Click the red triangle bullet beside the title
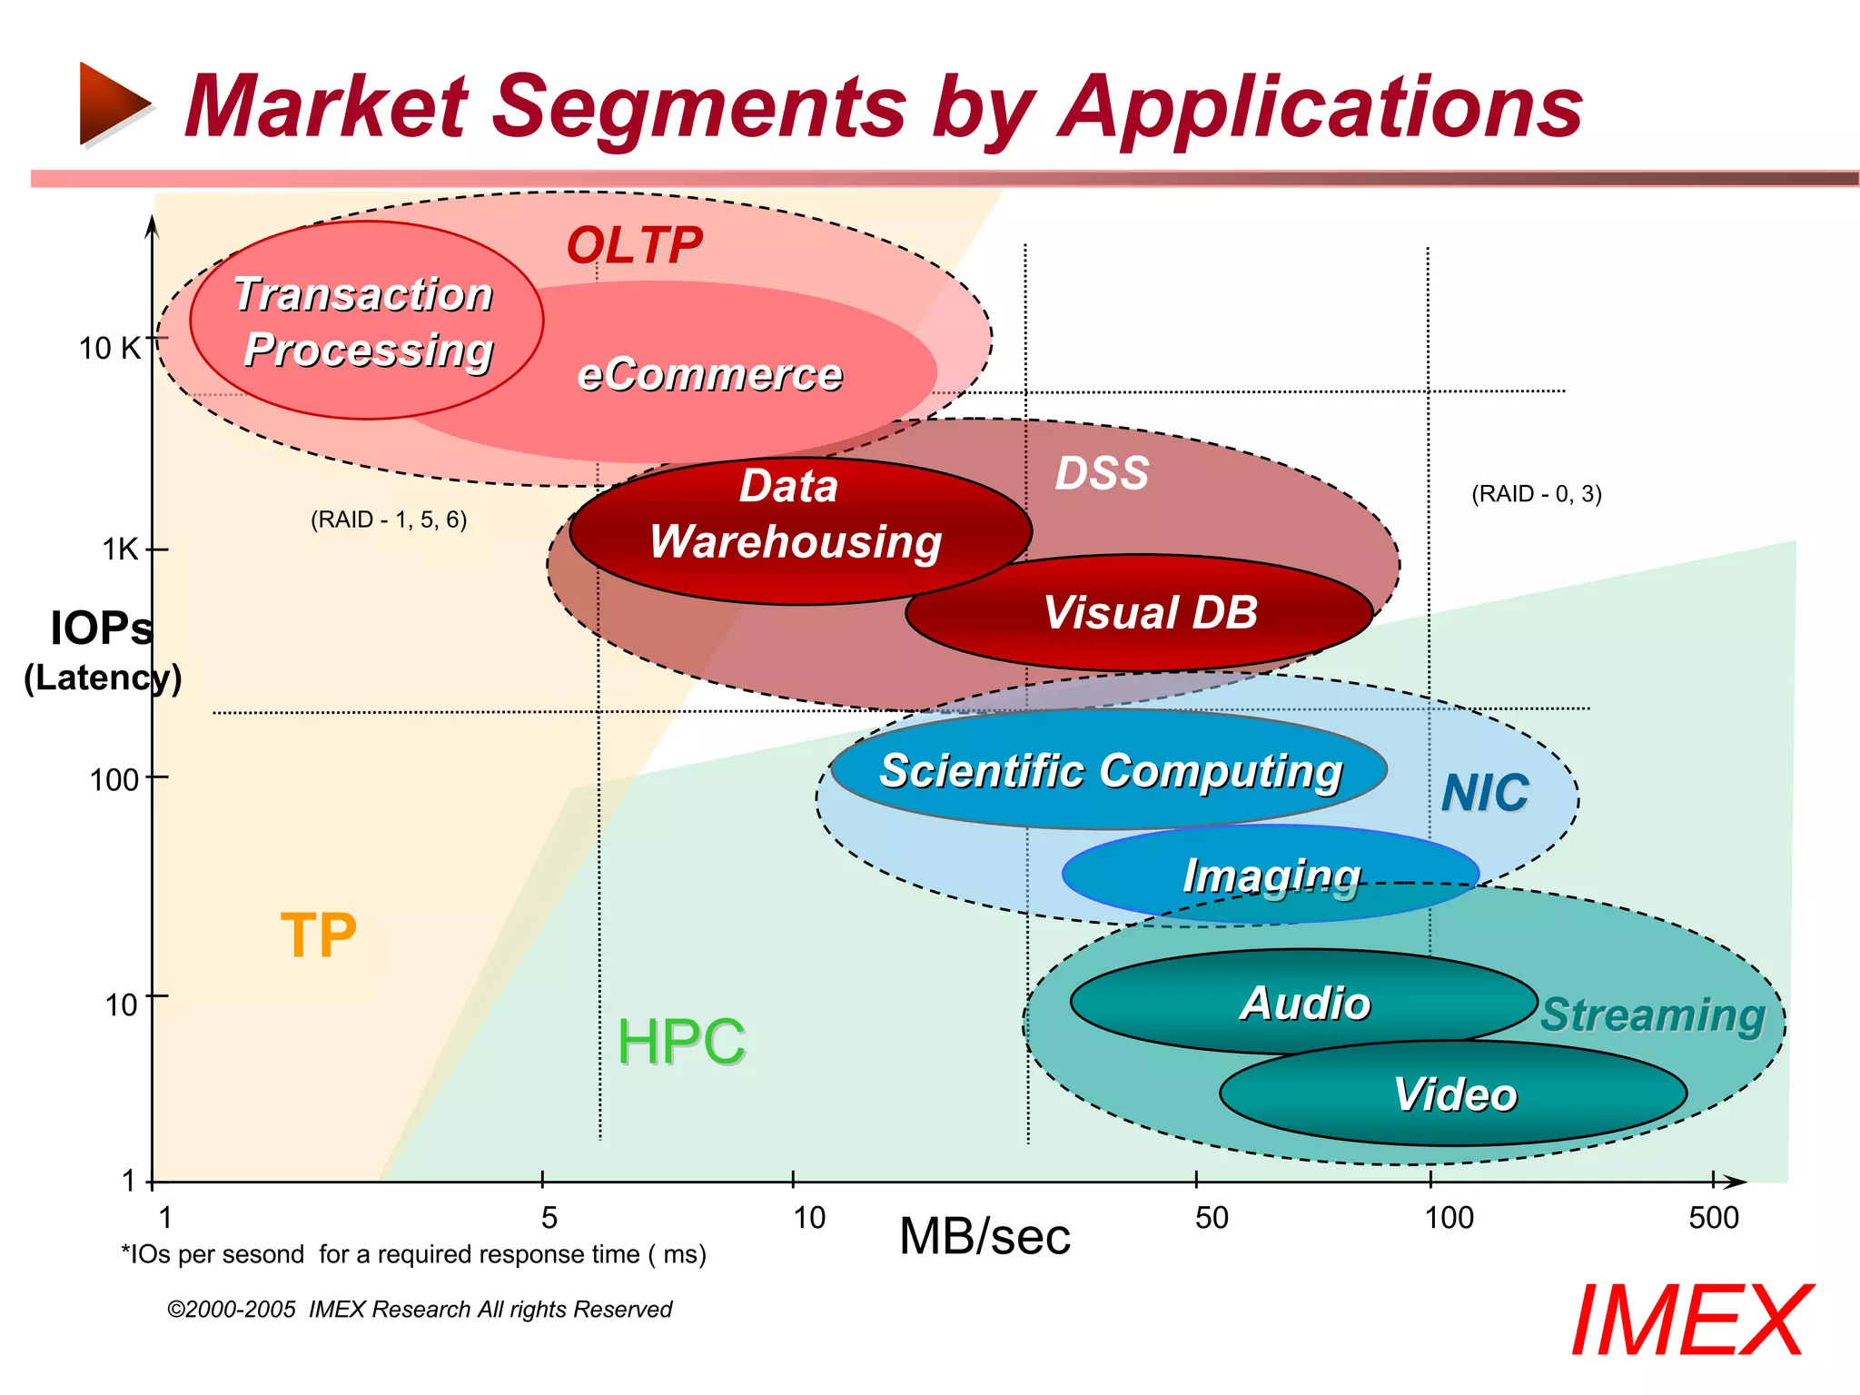pos(114,104)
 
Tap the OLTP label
pos(634,245)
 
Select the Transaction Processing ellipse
pos(365,321)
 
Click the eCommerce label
pos(709,374)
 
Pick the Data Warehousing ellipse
pos(799,531)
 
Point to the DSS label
pos(1102,473)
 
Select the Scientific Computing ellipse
pos(1109,770)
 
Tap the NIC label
pos(1485,793)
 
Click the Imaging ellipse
pos(1271,875)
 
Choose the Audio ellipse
pos(1304,1003)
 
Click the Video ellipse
pos(1453,1093)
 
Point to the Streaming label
pos(1652,1014)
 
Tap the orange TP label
pos(318,935)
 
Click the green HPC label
pos(681,1041)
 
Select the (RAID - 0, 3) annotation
pos(1536,494)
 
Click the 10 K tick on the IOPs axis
pos(110,348)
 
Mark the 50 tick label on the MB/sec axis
pos(1212,1217)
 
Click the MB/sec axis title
pos(984,1237)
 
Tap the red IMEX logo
pos(1689,1321)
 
